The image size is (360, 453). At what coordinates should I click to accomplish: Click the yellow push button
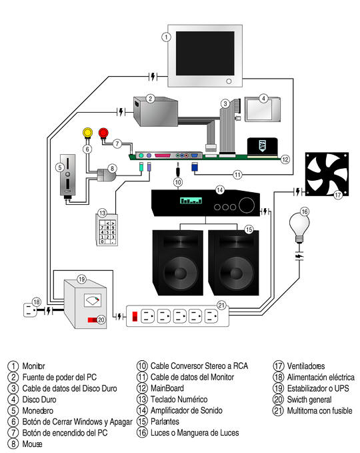[x=87, y=133]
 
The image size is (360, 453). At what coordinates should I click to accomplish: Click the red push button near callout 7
[x=103, y=133]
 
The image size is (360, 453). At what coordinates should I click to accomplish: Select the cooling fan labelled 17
[x=327, y=174]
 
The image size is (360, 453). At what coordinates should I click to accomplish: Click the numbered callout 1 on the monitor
[x=166, y=37]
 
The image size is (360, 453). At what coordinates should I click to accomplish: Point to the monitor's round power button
[x=229, y=81]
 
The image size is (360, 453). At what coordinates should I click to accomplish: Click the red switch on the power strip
[x=135, y=316]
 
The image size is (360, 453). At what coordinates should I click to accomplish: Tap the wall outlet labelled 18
[x=30, y=310]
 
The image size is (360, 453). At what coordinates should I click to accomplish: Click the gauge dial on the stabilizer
[x=92, y=300]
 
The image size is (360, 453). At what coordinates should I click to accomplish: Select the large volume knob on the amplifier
[x=246, y=205]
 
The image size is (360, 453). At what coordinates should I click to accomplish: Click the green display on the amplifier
[x=191, y=201]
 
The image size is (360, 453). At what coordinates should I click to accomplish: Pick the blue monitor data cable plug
[x=195, y=167]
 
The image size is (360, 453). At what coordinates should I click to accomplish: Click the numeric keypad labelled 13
[x=107, y=230]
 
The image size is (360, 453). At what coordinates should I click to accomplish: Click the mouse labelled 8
[x=106, y=175]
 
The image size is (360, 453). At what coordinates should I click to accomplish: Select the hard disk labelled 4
[x=263, y=109]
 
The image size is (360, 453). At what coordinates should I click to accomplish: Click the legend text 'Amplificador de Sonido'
[x=187, y=410]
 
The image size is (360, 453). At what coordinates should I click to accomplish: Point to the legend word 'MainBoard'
[x=167, y=388]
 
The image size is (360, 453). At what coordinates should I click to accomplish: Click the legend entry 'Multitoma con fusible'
[x=319, y=410]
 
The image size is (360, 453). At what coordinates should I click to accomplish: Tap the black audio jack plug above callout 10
[x=178, y=169]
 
